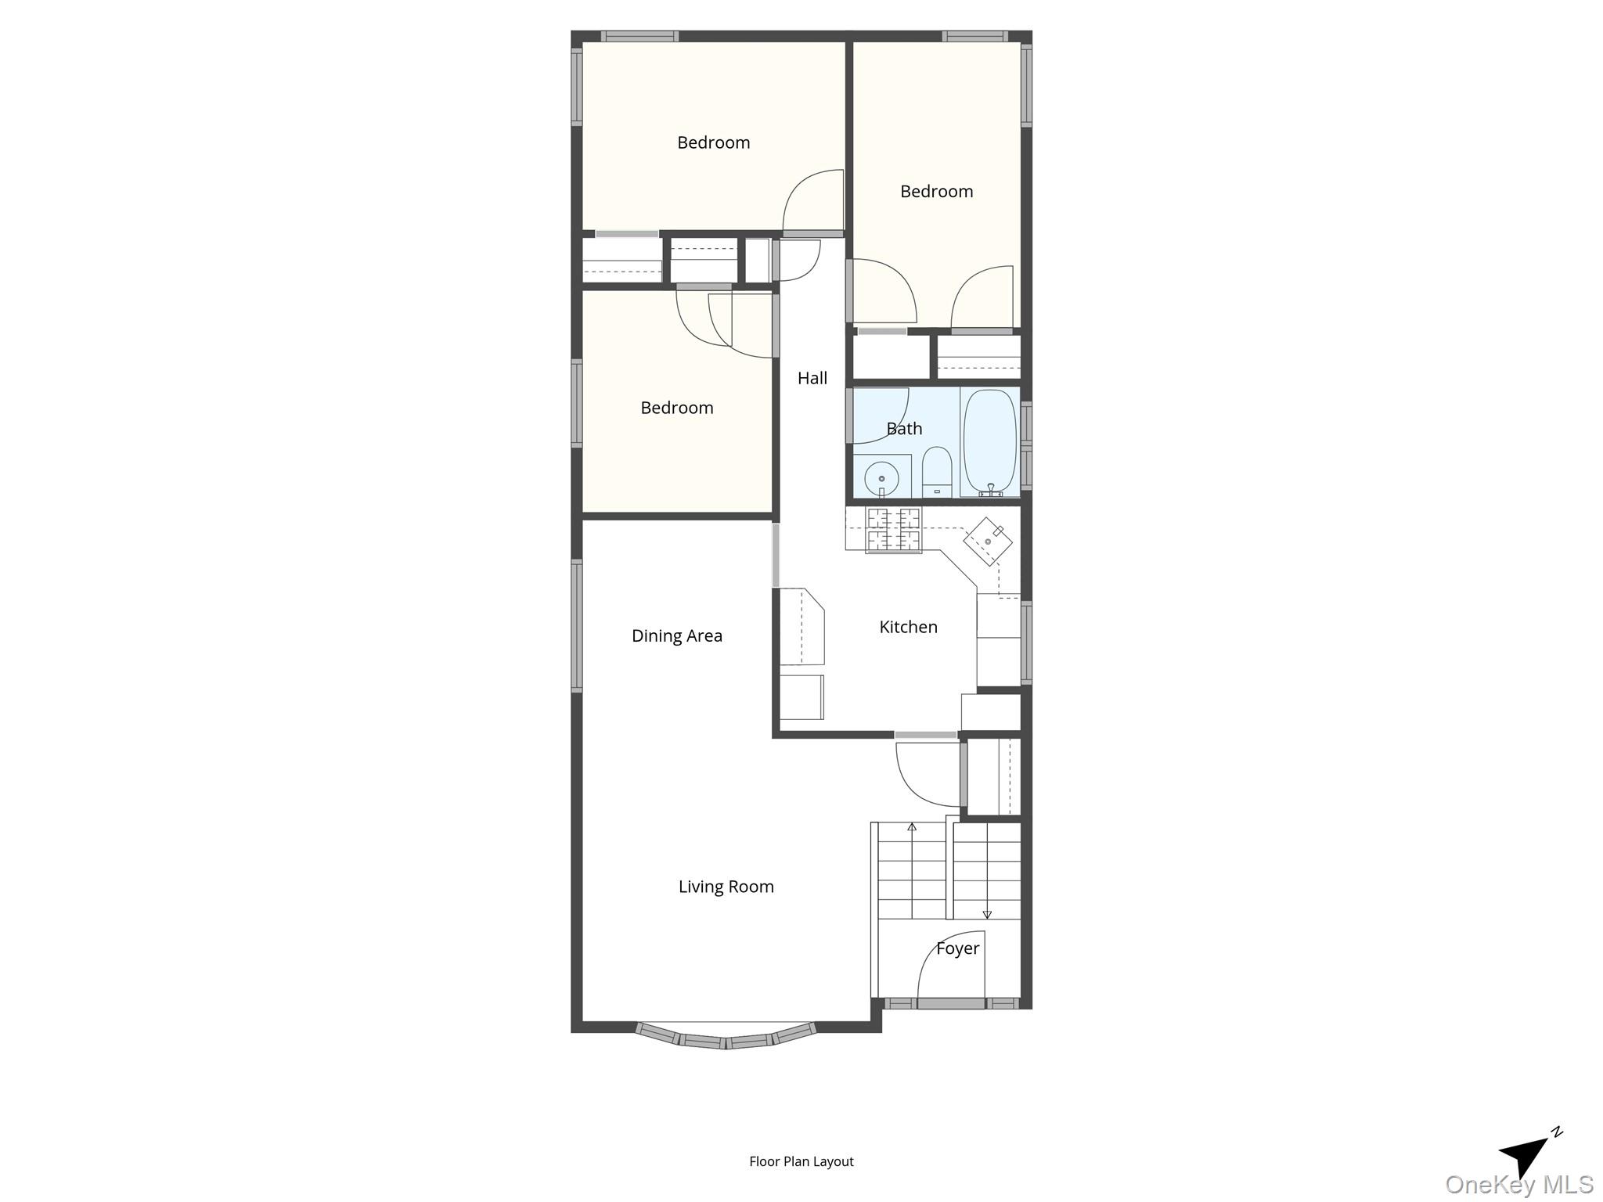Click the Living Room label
726,887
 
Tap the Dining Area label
676,635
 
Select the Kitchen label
908,627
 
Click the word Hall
812,378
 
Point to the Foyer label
957,948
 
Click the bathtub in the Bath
990,442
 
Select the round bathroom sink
882,476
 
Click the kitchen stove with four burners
893,530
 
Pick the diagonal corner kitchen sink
988,541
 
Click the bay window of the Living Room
726,1038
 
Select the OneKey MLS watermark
1518,1185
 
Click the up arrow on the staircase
912,826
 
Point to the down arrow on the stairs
987,914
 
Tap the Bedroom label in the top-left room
713,142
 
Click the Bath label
904,429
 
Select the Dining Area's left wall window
577,626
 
